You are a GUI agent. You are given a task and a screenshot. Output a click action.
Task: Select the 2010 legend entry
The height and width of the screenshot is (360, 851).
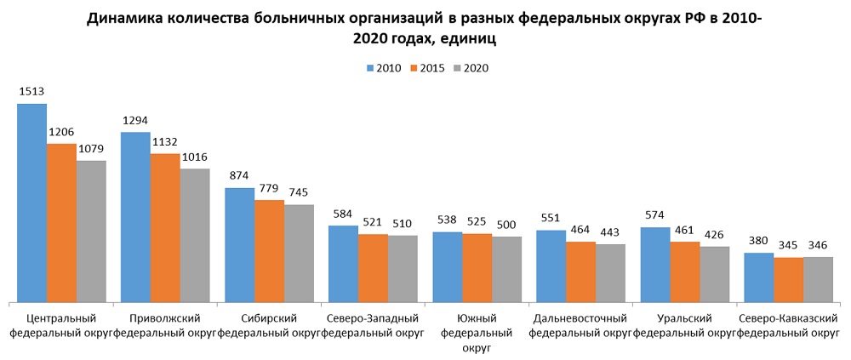[x=382, y=68]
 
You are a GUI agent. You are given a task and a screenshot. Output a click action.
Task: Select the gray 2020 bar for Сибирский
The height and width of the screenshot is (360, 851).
[x=299, y=253]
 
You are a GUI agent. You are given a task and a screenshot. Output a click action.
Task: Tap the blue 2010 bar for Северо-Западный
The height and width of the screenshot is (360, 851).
[x=343, y=263]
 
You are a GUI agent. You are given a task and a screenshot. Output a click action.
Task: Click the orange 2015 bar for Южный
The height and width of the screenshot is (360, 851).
[x=477, y=267]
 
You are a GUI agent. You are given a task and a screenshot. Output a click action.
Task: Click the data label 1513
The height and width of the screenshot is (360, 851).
[x=31, y=92]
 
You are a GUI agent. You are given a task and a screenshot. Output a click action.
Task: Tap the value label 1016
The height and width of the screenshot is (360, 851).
[x=194, y=157]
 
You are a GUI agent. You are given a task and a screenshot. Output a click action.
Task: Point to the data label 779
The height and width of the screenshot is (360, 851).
[x=269, y=188]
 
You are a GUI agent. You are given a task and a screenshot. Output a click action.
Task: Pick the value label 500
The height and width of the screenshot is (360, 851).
[x=506, y=225]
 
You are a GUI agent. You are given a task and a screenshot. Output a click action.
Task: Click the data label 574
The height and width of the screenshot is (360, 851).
[x=654, y=215]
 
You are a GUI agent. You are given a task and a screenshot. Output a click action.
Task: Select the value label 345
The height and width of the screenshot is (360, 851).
[x=788, y=246]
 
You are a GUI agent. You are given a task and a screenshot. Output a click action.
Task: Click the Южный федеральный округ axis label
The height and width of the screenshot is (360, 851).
[x=477, y=333]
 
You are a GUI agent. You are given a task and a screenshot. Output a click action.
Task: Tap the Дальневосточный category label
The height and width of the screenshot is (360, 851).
[x=580, y=318]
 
